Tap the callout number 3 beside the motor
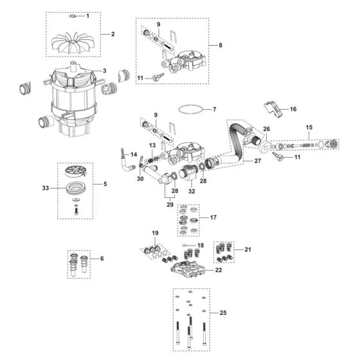pyautogui.click(x=104, y=71)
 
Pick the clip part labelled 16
pyautogui.click(x=274, y=109)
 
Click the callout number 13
pyautogui.click(x=152, y=147)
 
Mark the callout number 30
pyautogui.click(x=139, y=179)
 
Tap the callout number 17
pyautogui.click(x=213, y=219)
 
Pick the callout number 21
pyautogui.click(x=248, y=249)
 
